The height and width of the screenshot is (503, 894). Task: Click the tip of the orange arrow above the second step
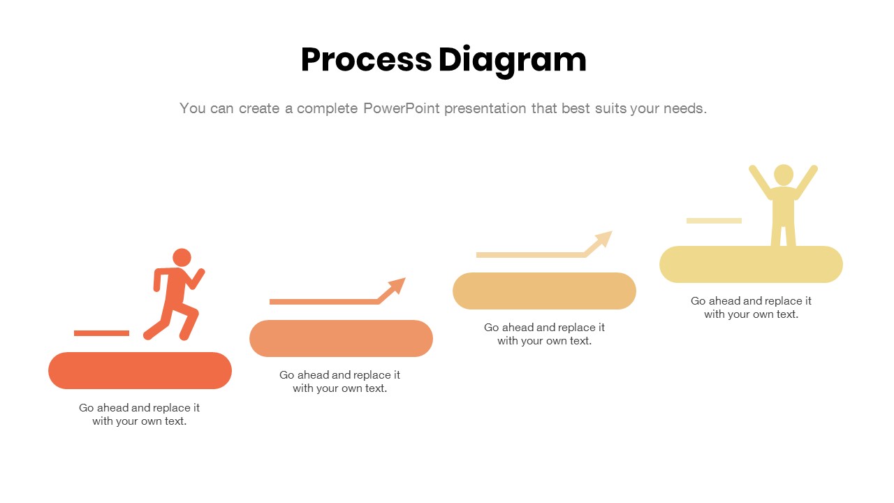pos(406,278)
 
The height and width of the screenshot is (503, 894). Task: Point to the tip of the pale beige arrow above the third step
pos(613,231)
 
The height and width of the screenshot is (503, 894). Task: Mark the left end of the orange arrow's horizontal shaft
pos(270,302)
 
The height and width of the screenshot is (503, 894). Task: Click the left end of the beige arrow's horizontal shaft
pos(477,255)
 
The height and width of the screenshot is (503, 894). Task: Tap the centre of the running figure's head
pos(182,258)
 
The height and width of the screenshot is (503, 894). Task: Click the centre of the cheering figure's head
pos(784,175)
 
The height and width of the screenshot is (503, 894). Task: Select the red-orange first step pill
pos(140,370)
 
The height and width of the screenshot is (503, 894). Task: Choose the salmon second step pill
pos(342,339)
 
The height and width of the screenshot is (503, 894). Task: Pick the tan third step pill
pos(544,291)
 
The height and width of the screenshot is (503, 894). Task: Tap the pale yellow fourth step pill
pos(751,264)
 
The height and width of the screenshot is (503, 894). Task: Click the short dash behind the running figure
pos(102,333)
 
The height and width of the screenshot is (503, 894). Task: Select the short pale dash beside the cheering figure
pos(714,221)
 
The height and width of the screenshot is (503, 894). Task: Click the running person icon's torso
pos(175,286)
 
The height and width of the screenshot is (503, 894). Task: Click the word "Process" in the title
pos(367,60)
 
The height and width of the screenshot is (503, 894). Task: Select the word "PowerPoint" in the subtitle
pos(402,108)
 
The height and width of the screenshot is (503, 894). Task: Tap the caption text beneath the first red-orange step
pos(139,414)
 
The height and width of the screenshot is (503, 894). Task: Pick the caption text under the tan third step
pos(544,334)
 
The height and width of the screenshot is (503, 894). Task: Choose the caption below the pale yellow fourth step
pos(751,307)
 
